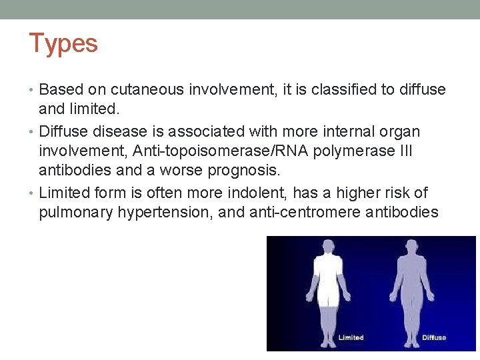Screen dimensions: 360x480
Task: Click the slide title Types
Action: tap(63, 43)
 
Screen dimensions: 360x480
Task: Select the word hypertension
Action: tap(163, 213)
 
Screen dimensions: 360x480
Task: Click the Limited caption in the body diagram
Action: tap(351, 338)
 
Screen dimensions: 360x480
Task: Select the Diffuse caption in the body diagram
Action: tap(434, 338)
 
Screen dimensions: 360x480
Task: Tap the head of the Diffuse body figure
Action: tap(409, 246)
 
